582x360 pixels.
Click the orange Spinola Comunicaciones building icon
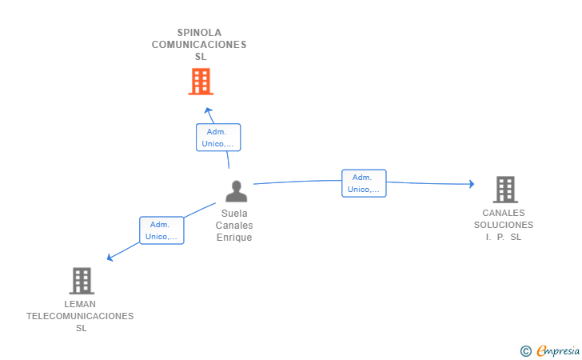201,81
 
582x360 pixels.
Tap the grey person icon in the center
236,191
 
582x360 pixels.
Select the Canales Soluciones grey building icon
504,190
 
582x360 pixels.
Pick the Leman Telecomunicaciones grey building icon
82,281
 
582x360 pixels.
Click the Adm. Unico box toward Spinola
218,138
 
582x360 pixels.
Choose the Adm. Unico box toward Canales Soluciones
364,183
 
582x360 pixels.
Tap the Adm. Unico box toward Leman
161,230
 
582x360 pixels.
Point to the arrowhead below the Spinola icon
208,110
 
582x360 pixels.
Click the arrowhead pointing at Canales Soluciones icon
471,184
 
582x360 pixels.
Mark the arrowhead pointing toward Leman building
110,258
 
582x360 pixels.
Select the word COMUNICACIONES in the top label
199,45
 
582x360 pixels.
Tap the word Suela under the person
234,214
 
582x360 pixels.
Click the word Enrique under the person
234,238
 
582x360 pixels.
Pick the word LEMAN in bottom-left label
80,304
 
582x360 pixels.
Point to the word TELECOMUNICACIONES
80,316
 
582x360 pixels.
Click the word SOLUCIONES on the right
504,225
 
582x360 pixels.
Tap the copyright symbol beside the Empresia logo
525,350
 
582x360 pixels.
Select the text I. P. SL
504,237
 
